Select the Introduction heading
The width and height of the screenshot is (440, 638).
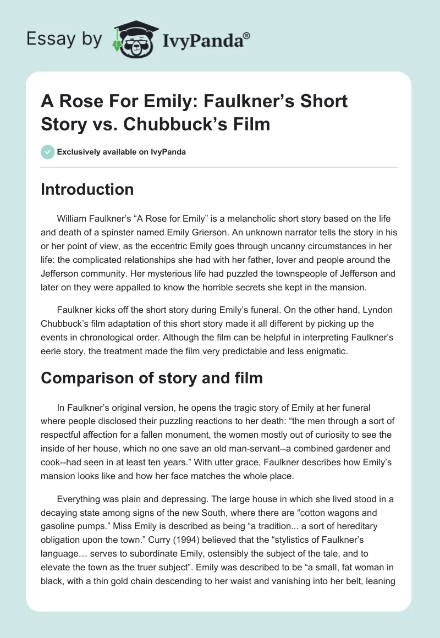click(x=87, y=189)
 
